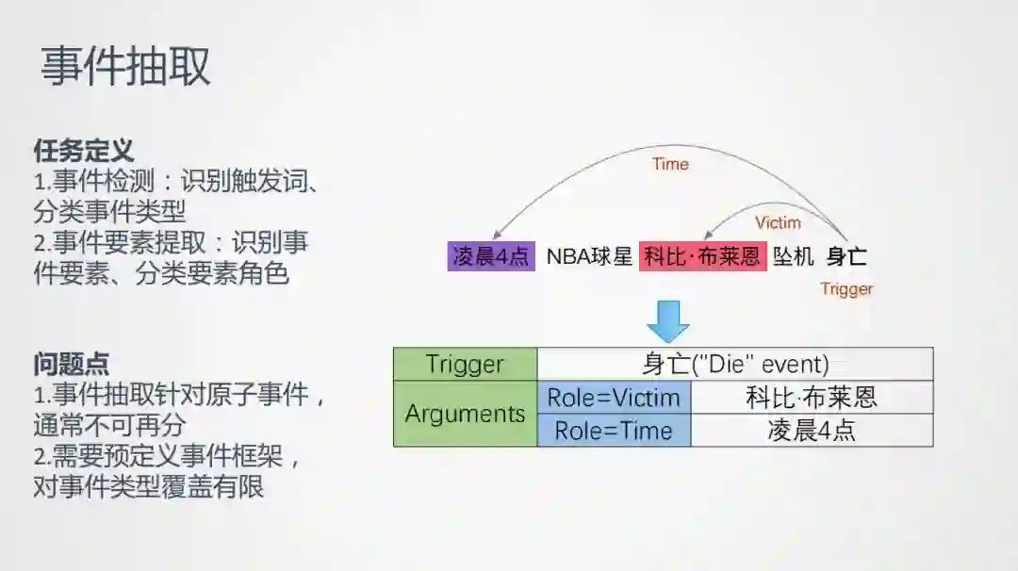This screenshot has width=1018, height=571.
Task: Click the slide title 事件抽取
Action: pos(125,68)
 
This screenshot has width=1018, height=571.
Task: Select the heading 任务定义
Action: pos(83,150)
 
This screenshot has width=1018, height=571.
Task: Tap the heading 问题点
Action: pos(71,363)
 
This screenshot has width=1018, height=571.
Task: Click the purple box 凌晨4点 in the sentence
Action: pos(491,256)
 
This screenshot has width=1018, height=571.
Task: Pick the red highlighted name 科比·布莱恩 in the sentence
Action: pos(702,256)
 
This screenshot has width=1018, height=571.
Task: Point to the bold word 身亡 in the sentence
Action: pos(846,256)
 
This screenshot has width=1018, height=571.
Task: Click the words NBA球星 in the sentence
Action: pos(588,256)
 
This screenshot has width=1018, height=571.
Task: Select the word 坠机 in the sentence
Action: pos(793,256)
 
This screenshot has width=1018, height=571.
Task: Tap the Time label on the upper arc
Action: pos(670,164)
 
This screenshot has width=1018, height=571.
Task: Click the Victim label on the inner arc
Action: pos(778,223)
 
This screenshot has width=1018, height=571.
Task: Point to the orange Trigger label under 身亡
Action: pos(846,289)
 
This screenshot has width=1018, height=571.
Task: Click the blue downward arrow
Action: pos(667,321)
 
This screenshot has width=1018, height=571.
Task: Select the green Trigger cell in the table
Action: pos(465,365)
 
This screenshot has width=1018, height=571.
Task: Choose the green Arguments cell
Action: pos(465,414)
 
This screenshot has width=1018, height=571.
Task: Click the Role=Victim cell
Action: pos(614,398)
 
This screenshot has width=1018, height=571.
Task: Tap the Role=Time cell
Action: pos(614,431)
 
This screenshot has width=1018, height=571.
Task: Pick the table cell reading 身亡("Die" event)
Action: pos(735,365)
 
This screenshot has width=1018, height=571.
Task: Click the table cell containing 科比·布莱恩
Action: pos(812,398)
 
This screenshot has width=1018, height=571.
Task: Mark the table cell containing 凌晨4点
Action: pos(812,431)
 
